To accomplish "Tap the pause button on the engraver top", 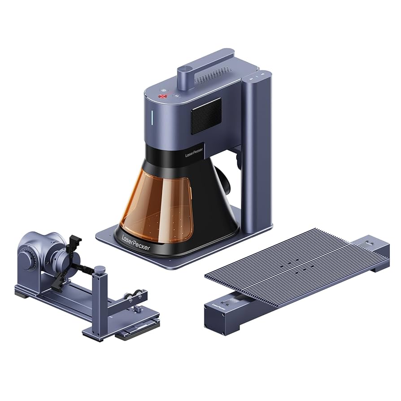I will pos(177,96).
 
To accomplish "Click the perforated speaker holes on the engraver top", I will pos(213,77).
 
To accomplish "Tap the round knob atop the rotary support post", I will pos(100,269).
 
